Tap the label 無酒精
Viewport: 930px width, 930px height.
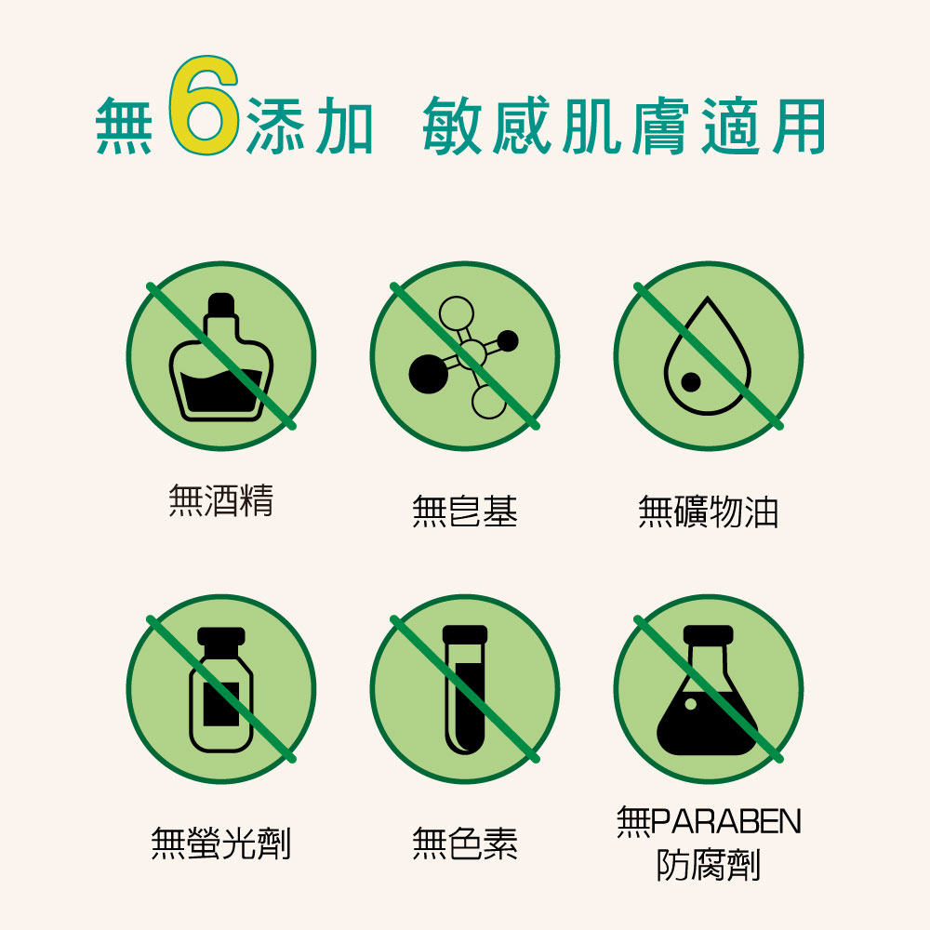pos(221,500)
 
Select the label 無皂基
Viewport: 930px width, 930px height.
pos(465,511)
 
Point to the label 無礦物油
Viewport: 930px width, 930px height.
pos(708,511)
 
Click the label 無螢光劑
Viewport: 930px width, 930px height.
pos(221,843)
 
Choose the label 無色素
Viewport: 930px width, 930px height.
pos(465,843)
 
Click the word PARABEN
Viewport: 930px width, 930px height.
pos(726,821)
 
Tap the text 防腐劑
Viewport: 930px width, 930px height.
pos(708,865)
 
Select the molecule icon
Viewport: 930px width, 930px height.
pos(464,357)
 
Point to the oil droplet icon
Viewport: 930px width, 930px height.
pos(708,356)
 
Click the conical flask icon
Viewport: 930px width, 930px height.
pos(708,690)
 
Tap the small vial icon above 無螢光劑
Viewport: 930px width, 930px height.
pos(221,689)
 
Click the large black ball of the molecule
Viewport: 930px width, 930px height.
pos(428,374)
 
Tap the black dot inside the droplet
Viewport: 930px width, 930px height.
pos(690,382)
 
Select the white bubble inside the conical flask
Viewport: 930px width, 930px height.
pos(690,704)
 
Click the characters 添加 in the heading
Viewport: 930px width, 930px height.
pos(310,126)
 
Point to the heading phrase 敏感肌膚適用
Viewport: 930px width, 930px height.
pos(624,126)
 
